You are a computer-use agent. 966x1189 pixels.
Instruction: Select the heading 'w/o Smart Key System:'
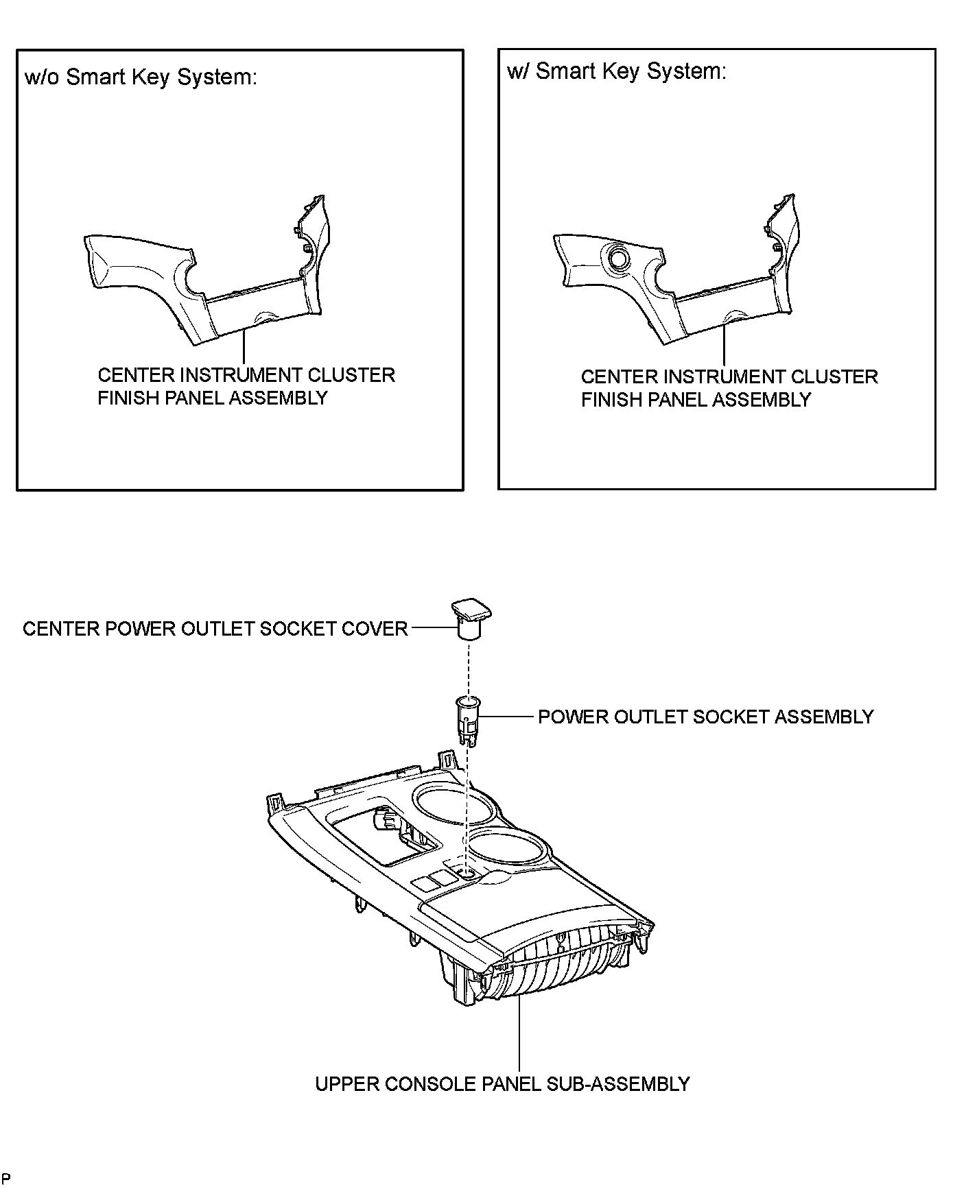pyautogui.click(x=141, y=77)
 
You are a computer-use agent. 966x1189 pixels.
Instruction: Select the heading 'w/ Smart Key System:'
pyautogui.click(x=616, y=71)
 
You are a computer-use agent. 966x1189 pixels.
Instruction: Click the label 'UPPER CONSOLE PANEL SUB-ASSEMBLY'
pyautogui.click(x=502, y=1083)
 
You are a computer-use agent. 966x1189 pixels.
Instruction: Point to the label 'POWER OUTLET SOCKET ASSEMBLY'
pyautogui.click(x=705, y=717)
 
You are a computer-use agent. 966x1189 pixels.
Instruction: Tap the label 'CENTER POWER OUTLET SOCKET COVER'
pyautogui.click(x=215, y=629)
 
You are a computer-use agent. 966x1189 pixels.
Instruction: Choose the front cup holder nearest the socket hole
pyautogui.click(x=509, y=850)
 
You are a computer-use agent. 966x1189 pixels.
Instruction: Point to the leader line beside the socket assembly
pyautogui.click(x=508, y=717)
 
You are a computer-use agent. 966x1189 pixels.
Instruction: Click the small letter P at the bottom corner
pyautogui.click(x=6, y=1178)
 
